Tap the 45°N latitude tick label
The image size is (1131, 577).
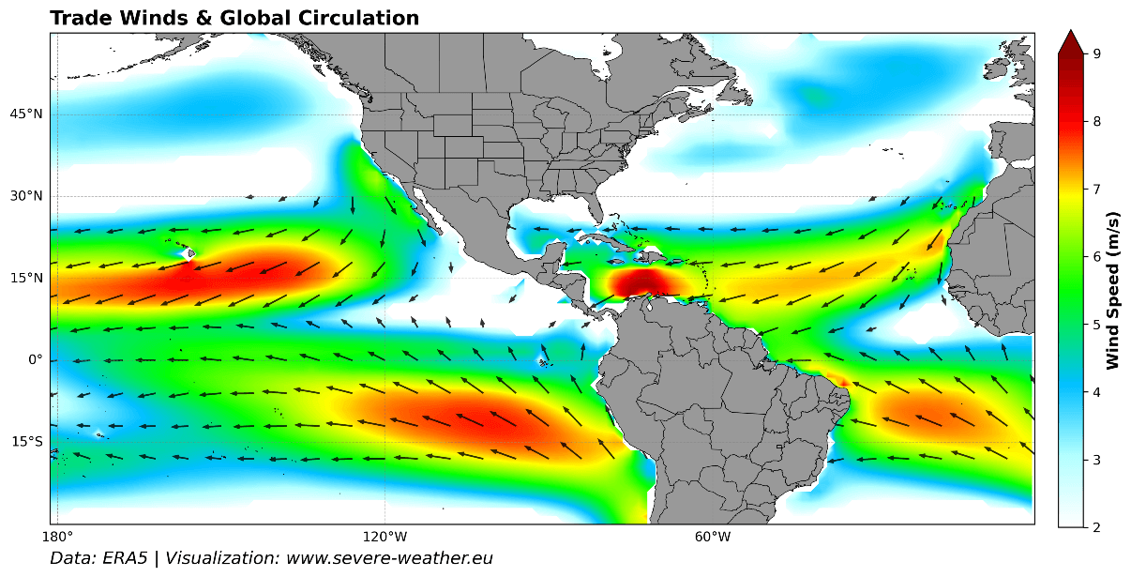26,114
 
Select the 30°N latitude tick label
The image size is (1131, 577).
26,196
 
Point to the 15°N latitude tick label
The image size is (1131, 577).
26,279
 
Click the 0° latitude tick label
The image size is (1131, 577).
34,360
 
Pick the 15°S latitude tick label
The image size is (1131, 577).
26,442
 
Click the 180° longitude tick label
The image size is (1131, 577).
57,537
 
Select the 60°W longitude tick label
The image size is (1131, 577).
713,537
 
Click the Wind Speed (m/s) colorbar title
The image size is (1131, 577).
1113,290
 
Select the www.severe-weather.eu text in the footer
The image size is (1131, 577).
389,558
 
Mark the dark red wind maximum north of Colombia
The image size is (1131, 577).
643,281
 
